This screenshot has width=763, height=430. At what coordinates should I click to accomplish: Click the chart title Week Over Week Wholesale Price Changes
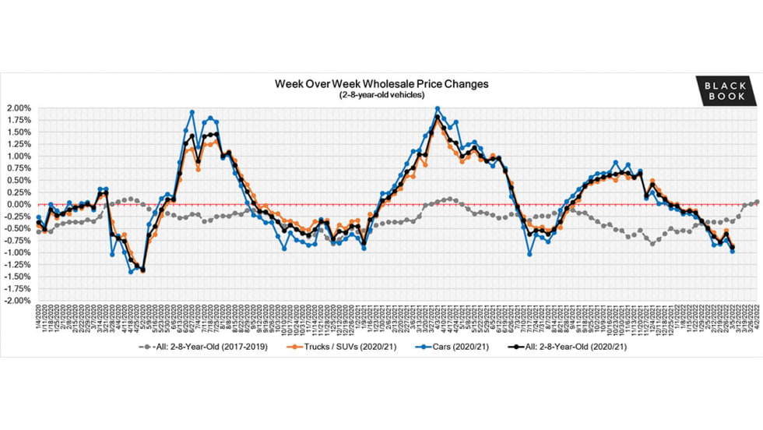(381, 83)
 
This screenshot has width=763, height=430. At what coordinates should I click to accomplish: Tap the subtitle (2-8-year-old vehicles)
(381, 94)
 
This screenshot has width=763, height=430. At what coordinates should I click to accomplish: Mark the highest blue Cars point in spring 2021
(438, 109)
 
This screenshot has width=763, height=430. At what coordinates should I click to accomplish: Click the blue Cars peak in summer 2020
(192, 112)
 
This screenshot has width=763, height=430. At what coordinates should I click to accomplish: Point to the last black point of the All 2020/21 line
(733, 248)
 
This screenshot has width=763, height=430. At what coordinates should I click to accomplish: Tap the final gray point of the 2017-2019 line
(757, 203)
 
